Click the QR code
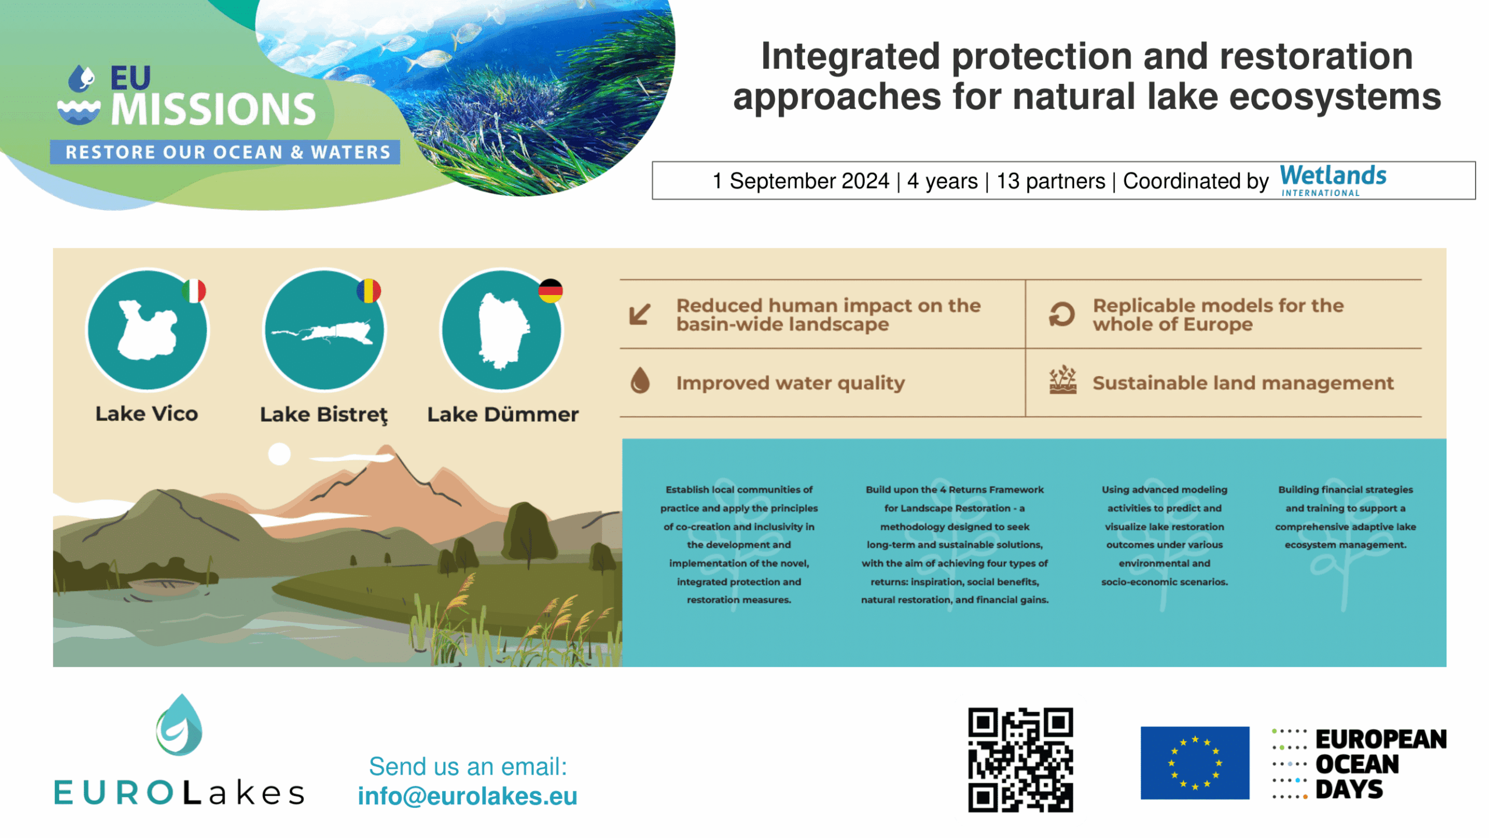pyautogui.click(x=1020, y=759)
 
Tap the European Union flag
pyautogui.click(x=1195, y=762)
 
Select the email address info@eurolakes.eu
pyautogui.click(x=467, y=796)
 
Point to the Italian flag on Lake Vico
pyautogui.click(x=194, y=291)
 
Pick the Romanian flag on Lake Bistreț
pyautogui.click(x=369, y=291)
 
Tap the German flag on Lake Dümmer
pyautogui.click(x=550, y=291)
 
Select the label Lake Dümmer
pyautogui.click(x=503, y=414)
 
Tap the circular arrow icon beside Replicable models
pyautogui.click(x=1061, y=314)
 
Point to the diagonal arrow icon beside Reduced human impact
pyautogui.click(x=640, y=314)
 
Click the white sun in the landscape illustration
pyautogui.click(x=279, y=454)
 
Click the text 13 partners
pyautogui.click(x=1050, y=181)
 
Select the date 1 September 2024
pyautogui.click(x=801, y=181)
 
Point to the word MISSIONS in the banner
pyautogui.click(x=213, y=109)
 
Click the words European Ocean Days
pyautogui.click(x=1380, y=764)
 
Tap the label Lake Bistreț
pyautogui.click(x=324, y=415)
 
